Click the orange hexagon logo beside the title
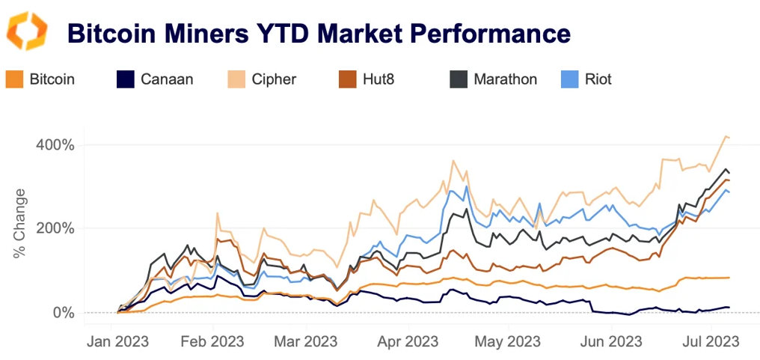pyautogui.click(x=27, y=31)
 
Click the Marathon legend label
pyautogui.click(x=505, y=79)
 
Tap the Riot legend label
pyautogui.click(x=598, y=79)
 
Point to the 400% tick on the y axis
pyautogui.click(x=55, y=144)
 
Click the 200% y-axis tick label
pyautogui.click(x=55, y=228)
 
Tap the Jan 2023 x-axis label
pyautogui.click(x=117, y=342)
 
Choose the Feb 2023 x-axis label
pyautogui.click(x=212, y=342)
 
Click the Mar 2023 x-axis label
pyautogui.click(x=306, y=342)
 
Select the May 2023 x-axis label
pyautogui.click(x=506, y=342)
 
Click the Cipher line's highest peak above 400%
pyautogui.click(x=724, y=136)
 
